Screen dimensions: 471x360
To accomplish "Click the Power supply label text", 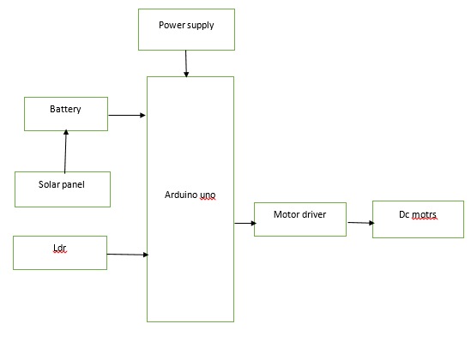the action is [x=186, y=25].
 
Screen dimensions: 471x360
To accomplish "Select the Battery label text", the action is [x=65, y=109].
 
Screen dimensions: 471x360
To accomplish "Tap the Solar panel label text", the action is [x=62, y=184].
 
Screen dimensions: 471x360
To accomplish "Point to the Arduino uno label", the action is [x=190, y=195].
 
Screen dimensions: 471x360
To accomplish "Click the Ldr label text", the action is [x=60, y=248].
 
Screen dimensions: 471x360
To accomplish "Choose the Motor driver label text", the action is [x=299, y=214].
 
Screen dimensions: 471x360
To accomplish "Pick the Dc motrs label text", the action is [x=418, y=214].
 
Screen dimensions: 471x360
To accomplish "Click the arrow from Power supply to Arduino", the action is [x=186, y=63].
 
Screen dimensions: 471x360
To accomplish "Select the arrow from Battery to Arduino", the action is [x=127, y=115].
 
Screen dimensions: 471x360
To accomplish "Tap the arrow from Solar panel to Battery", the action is [x=65, y=151].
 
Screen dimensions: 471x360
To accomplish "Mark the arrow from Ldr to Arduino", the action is [x=128, y=255].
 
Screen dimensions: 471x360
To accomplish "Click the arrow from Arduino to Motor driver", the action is [x=245, y=223].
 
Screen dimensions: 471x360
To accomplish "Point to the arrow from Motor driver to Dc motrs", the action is [x=361, y=223].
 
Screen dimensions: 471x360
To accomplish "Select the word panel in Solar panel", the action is [x=72, y=184].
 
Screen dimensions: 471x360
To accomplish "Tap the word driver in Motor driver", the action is [x=314, y=214].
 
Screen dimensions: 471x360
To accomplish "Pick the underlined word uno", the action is [x=208, y=195].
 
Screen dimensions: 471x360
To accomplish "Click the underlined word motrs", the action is [x=424, y=215].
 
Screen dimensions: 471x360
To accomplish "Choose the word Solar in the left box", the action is [x=48, y=184].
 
